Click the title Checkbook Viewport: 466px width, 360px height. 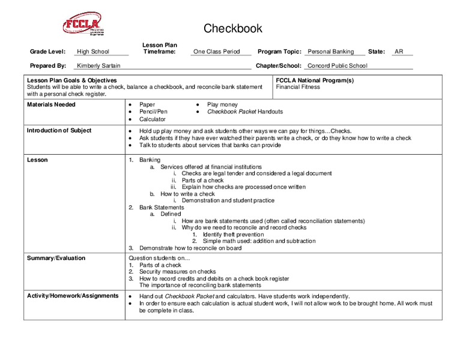(x=233, y=29)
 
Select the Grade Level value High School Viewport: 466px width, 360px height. (x=93, y=52)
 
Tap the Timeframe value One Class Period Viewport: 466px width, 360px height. (x=216, y=52)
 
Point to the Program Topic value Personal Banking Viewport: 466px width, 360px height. (x=330, y=52)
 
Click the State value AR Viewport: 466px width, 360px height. (x=399, y=52)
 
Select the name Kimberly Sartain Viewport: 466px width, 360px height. (x=99, y=66)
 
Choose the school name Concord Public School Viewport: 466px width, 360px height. (x=337, y=66)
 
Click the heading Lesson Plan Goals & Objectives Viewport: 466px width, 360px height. (x=72, y=80)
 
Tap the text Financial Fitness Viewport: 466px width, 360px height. (x=298, y=87)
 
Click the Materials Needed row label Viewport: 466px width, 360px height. (x=51, y=104)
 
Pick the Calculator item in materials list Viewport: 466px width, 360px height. (x=152, y=119)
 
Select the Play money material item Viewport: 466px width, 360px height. (x=222, y=104)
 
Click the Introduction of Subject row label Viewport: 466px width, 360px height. (x=58, y=131)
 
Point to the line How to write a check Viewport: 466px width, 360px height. (x=187, y=194)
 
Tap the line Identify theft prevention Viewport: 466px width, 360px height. (x=233, y=235)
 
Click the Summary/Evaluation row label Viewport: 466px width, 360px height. (x=56, y=258)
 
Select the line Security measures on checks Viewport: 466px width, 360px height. (x=177, y=272)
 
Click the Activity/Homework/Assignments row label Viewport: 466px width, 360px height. (x=73, y=296)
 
